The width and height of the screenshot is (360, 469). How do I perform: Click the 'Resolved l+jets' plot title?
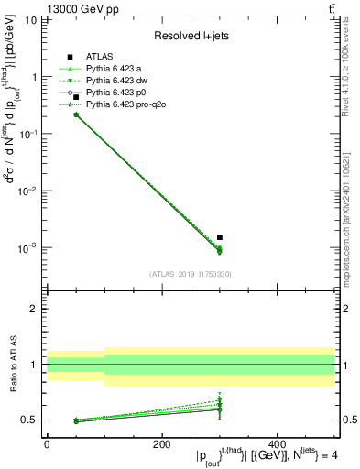(x=191, y=36)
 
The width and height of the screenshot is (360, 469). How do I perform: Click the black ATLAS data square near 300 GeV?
(x=220, y=237)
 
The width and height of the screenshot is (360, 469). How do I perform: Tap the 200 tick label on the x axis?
(x=162, y=444)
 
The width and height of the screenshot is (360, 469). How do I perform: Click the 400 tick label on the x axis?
(x=277, y=444)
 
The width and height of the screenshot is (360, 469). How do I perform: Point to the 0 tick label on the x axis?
(x=47, y=444)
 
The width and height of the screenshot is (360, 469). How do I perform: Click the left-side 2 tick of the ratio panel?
(x=36, y=309)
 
